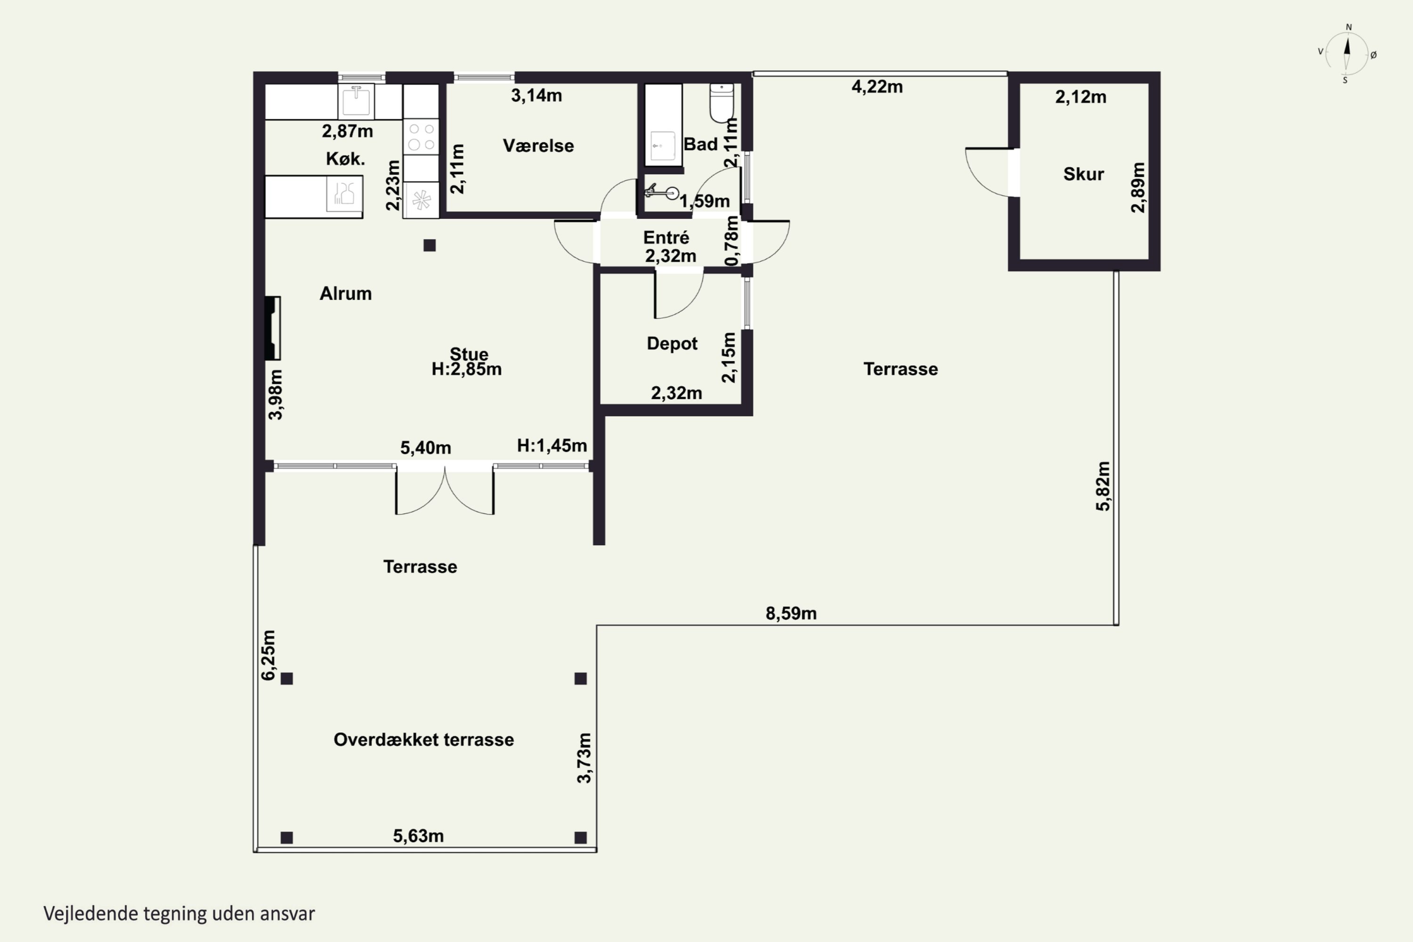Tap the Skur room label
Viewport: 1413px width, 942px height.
point(1083,174)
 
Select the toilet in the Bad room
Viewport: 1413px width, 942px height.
point(722,103)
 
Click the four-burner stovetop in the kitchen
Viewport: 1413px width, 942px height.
point(421,137)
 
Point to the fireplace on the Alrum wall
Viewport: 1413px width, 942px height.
point(273,328)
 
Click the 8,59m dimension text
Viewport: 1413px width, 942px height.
point(791,613)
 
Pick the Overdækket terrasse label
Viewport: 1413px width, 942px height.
point(423,739)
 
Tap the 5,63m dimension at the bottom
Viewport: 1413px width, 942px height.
point(418,836)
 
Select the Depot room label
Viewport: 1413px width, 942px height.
point(672,344)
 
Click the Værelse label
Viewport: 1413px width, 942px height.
point(538,146)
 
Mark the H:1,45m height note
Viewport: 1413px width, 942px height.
point(552,446)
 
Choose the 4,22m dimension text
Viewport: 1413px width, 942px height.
point(877,87)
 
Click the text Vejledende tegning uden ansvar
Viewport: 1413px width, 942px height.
point(179,914)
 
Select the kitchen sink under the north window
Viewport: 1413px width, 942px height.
point(356,101)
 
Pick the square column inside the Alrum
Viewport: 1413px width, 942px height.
point(429,245)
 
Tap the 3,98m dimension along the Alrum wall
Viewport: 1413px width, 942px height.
point(275,395)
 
